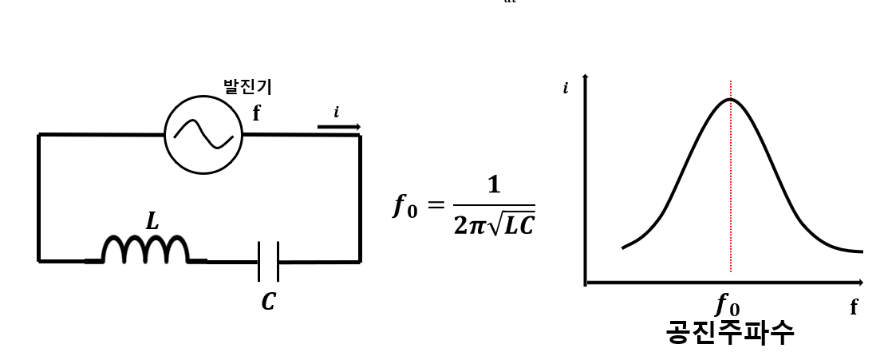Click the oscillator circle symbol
point(203,134)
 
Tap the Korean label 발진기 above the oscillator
point(252,87)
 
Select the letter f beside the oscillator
point(256,114)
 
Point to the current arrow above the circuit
point(339,127)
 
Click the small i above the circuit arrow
point(336,113)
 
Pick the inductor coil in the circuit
point(145,250)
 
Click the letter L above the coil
point(152,222)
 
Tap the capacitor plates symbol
point(269,262)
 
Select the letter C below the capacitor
point(268,303)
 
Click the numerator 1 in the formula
point(494,185)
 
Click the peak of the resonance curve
point(730,100)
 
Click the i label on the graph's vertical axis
point(566,89)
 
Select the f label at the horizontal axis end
point(854,307)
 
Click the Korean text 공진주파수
point(730,332)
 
